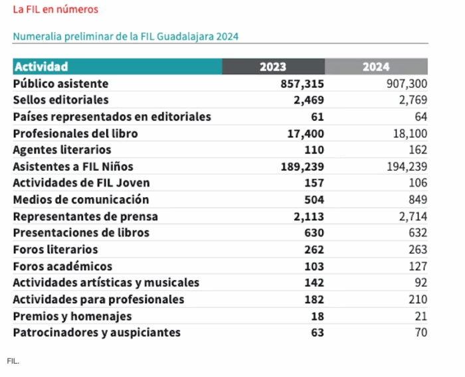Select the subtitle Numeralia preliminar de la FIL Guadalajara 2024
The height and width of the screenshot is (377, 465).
tap(126, 36)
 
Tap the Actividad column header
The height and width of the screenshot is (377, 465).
tap(41, 66)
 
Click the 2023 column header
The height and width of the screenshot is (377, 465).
tap(273, 66)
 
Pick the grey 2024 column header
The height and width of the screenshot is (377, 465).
tap(376, 66)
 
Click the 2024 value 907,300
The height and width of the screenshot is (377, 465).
tap(407, 84)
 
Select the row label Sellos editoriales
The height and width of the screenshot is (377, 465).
tap(60, 100)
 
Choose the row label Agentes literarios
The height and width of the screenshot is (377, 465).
tap(62, 150)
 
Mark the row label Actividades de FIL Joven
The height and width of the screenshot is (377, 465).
tap(81, 183)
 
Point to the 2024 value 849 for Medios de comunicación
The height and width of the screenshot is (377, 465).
tap(416, 200)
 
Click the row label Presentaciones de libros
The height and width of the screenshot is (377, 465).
tap(81, 233)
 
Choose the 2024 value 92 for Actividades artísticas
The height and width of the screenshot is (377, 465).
tap(420, 283)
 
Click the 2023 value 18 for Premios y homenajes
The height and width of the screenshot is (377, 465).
tap(318, 316)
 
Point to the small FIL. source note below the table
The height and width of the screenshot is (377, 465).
tap(13, 362)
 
